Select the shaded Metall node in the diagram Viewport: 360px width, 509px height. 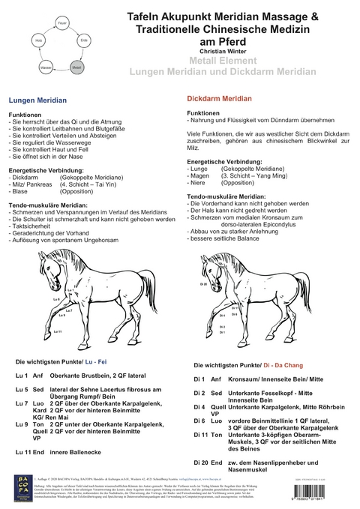coord(76,67)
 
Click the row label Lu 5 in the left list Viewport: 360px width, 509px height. coord(22,391)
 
